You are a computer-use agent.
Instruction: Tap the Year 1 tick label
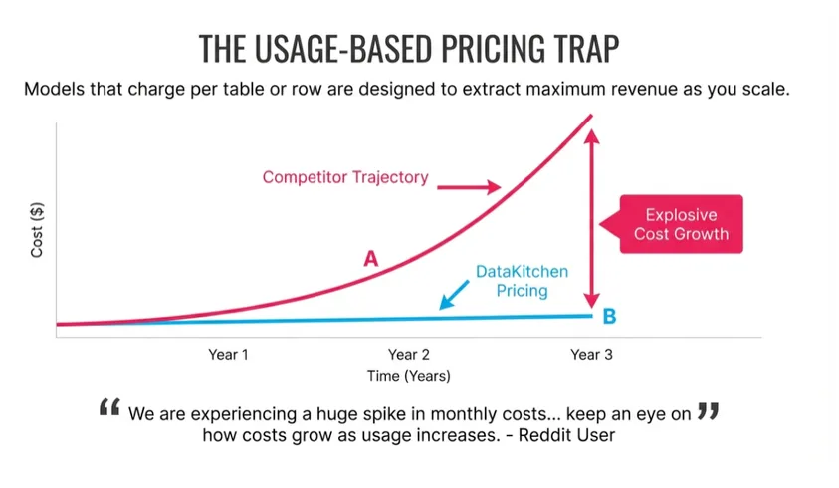228,354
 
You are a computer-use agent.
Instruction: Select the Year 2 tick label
409,354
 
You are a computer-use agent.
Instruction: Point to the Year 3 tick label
591,354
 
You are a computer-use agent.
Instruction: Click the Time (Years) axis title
408,376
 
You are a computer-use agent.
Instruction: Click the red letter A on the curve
370,259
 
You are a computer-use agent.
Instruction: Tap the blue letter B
609,317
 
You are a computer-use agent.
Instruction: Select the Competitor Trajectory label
345,177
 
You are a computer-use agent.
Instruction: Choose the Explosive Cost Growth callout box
681,224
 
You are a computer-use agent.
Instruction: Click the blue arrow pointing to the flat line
453,293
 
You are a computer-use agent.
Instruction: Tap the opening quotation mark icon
110,409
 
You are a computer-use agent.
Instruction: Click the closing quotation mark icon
708,409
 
